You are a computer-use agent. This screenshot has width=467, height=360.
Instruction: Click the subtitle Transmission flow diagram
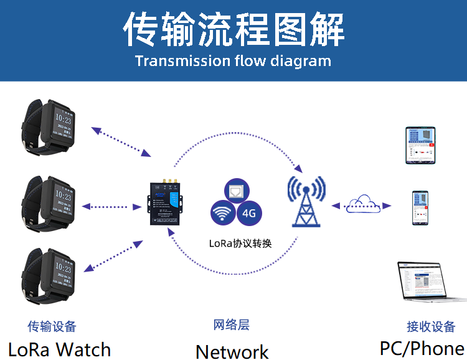click(233, 61)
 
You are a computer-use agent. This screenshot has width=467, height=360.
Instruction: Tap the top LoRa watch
click(49, 124)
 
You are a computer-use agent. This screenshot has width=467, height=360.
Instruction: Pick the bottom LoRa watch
click(49, 272)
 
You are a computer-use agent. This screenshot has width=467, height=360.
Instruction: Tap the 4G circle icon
click(249, 213)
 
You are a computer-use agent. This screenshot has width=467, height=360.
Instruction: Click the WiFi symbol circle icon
click(222, 214)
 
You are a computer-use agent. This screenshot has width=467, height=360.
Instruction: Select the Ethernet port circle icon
click(236, 192)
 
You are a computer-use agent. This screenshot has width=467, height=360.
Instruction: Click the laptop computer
click(430, 283)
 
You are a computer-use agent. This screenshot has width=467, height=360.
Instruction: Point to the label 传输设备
click(52, 326)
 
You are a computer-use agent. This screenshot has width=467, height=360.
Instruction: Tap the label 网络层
click(231, 325)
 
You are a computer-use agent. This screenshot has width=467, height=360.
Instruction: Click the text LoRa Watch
click(59, 349)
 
